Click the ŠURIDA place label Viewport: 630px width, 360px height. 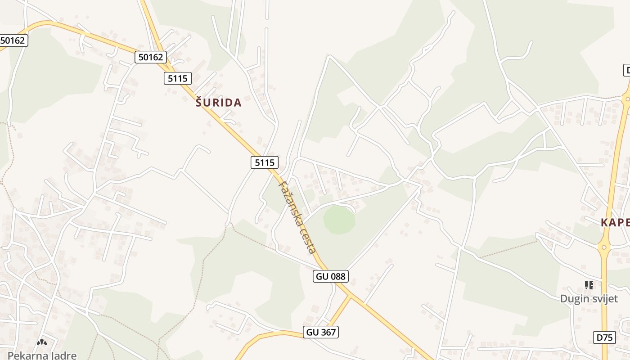[219, 103]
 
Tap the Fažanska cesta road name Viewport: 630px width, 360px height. [298, 216]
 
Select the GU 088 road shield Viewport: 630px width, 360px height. [331, 276]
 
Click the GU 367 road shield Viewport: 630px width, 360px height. [320, 332]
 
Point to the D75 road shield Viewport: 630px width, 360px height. [604, 337]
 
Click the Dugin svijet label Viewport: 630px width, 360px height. [589, 299]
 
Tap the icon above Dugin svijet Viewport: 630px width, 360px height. [589, 285]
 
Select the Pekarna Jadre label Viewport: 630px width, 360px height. [42, 355]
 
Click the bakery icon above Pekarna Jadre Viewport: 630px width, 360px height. [42, 342]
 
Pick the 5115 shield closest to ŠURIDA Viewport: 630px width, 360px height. [178, 78]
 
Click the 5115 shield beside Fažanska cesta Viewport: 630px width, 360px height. [265, 162]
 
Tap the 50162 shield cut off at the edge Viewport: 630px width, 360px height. [13, 40]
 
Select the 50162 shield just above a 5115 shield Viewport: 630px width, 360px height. [151, 57]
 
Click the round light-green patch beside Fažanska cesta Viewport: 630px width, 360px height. [339, 220]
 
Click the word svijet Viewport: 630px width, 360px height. [603, 299]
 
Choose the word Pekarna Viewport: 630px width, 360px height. [25, 355]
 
